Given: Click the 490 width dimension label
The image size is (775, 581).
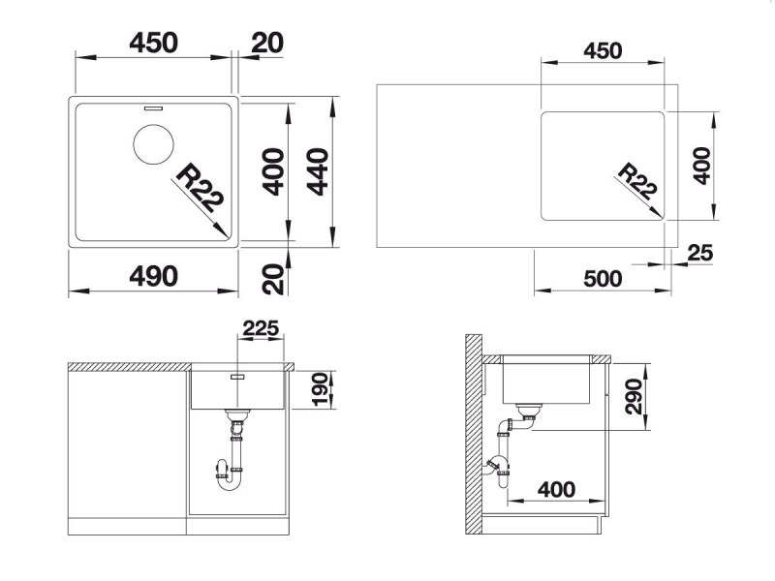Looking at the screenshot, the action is [x=153, y=276].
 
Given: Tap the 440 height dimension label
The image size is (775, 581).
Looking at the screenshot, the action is [x=318, y=171].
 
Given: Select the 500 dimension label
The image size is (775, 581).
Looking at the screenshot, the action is [x=603, y=279].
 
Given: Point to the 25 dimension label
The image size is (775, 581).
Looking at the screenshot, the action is [x=700, y=253].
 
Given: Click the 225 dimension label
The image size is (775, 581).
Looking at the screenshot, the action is [x=261, y=328].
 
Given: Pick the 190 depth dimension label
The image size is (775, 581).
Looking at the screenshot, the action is [x=321, y=389].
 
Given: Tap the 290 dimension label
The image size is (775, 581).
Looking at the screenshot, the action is [x=634, y=397].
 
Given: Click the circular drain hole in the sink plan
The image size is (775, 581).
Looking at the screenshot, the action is [x=153, y=144].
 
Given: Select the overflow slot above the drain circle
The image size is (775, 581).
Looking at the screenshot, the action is [x=153, y=107].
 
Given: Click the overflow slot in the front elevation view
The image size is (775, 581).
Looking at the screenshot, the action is [x=237, y=377].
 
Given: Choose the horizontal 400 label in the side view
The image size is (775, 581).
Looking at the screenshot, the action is [x=556, y=490].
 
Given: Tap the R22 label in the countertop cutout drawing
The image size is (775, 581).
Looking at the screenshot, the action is [x=637, y=181].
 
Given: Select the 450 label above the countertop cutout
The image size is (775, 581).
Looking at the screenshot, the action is [x=603, y=51].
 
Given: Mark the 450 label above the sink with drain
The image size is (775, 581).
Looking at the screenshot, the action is [x=153, y=43].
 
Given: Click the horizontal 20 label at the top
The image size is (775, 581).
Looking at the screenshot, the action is [x=267, y=43].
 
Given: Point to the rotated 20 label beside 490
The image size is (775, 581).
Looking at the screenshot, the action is [x=273, y=280].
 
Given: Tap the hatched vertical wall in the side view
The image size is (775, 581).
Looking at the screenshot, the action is [x=474, y=434].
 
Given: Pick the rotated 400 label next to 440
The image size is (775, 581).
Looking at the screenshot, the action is [x=273, y=171].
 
